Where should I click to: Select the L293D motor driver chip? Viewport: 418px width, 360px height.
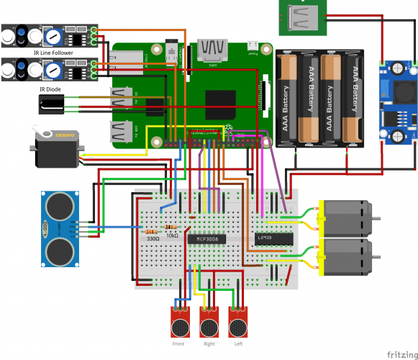pyautogui.click(x=274, y=238)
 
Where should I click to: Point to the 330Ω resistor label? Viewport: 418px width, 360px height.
pyautogui.click(x=153, y=238)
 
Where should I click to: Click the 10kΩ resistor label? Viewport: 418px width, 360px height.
pyautogui.click(x=172, y=235)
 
